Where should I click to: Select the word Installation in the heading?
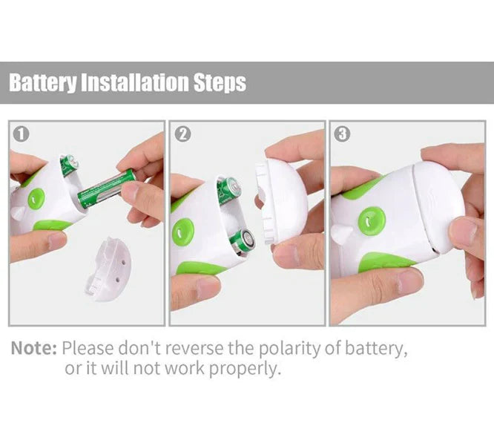[x=137, y=82]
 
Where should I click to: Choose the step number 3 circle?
[x=342, y=134]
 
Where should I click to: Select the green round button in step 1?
[x=36, y=199]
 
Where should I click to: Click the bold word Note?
[x=33, y=348]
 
